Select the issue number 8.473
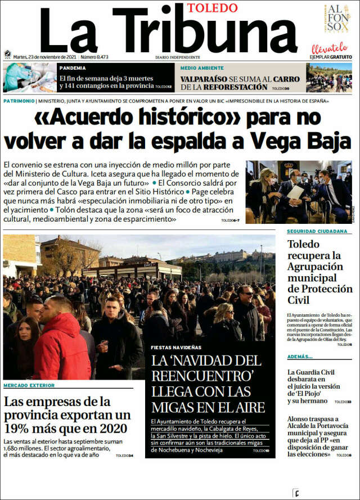(x=94, y=57)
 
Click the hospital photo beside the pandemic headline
(x=29, y=78)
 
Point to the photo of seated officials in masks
(x=299, y=192)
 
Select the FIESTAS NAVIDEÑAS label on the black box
(x=177, y=347)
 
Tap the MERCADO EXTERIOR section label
(x=29, y=385)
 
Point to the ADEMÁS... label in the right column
(x=299, y=357)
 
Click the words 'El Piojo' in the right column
(x=305, y=394)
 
